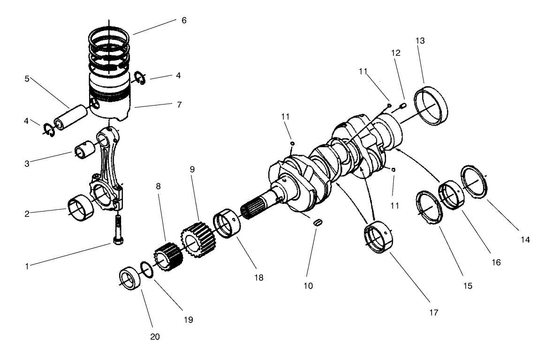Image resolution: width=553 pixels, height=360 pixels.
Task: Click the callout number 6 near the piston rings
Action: pyautogui.click(x=184, y=21)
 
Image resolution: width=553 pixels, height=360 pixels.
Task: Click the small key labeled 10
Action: pyautogui.click(x=318, y=222)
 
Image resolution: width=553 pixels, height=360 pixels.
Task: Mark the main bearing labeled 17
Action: pyautogui.click(x=379, y=240)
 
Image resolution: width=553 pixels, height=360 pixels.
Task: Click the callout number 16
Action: pyautogui.click(x=497, y=263)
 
